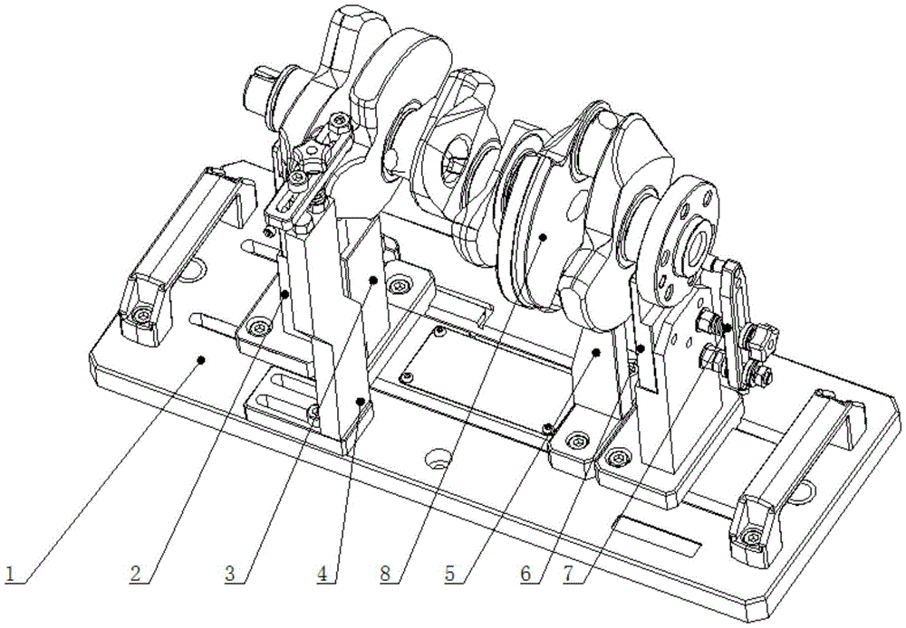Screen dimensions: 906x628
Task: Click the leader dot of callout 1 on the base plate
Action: tap(200, 359)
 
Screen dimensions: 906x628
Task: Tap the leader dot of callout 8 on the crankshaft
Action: tap(543, 237)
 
